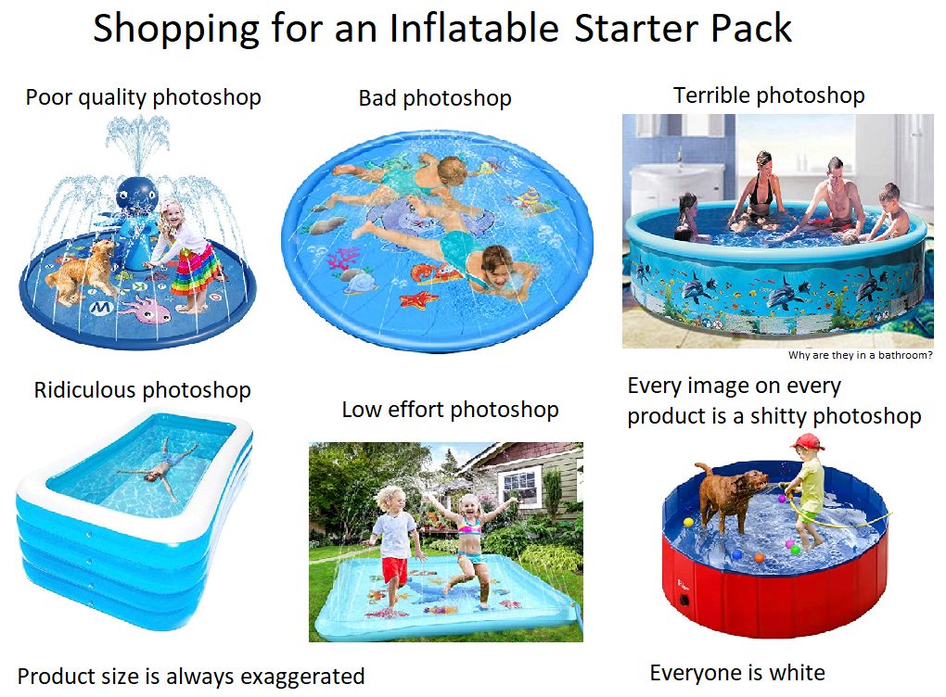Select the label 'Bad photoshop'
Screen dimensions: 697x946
435,97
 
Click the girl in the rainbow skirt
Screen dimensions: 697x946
189,250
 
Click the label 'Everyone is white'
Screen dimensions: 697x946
737,672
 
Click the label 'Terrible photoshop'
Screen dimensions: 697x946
769,95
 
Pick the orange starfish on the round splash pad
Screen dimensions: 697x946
418,299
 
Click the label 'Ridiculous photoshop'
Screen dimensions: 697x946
142,389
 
